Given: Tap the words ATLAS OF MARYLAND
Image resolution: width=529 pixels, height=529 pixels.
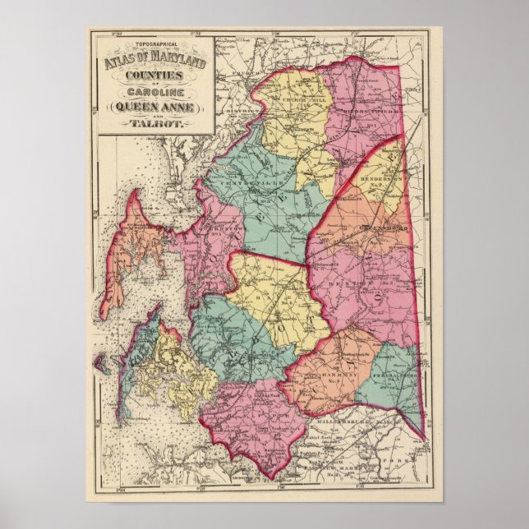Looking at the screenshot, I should tap(152, 56).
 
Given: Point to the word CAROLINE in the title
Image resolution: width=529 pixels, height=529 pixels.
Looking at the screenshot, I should tap(152, 91).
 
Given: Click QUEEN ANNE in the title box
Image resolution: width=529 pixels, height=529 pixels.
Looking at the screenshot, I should tap(152, 107).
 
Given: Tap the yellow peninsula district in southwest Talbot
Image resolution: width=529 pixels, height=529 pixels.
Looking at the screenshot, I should tap(177, 370).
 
